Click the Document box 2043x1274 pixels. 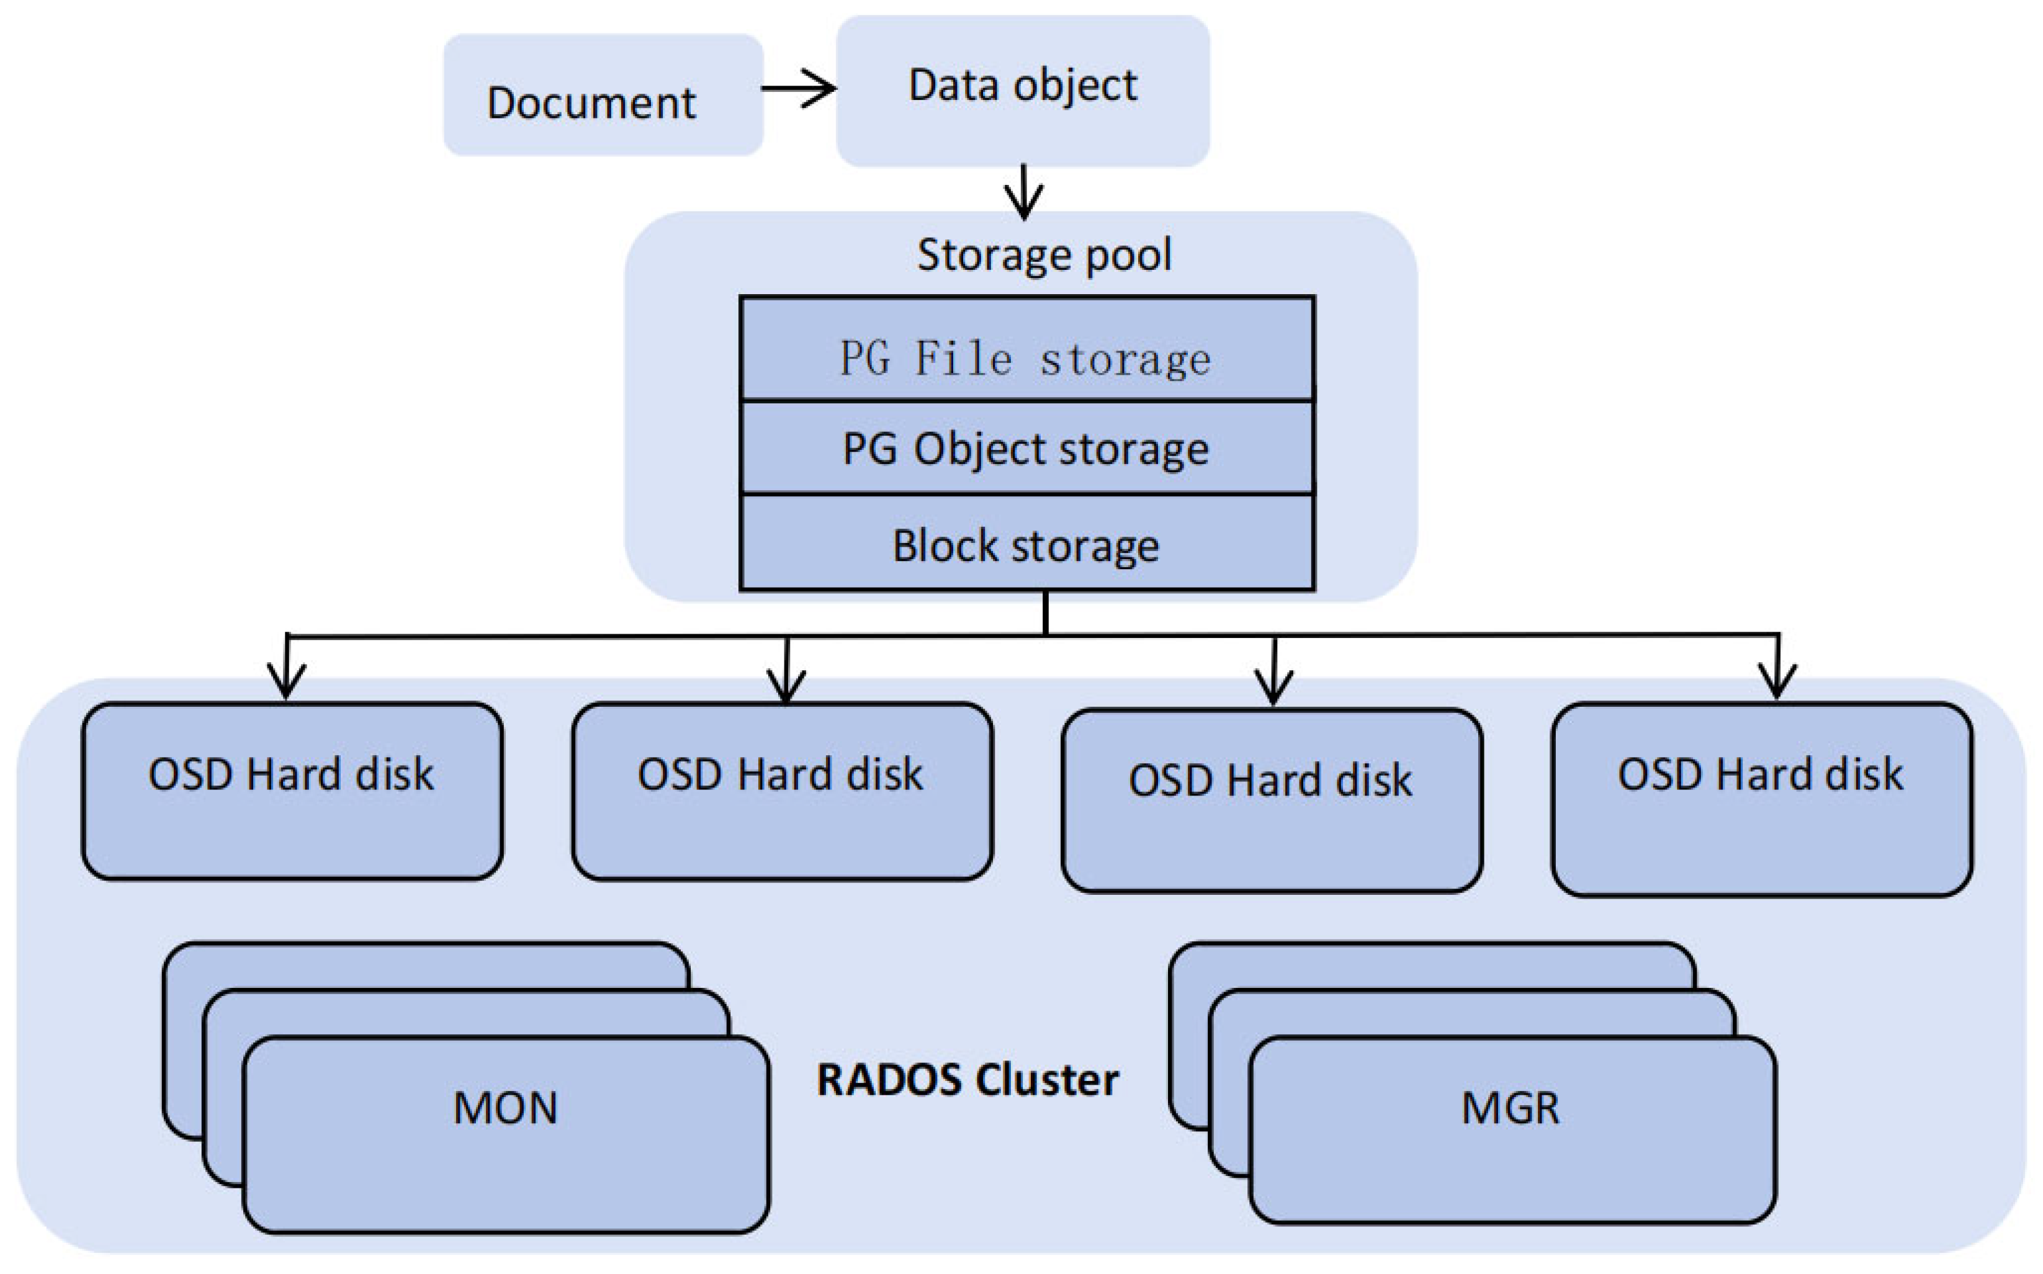point(603,95)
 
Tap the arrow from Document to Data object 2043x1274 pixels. point(799,87)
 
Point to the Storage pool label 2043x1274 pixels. point(1043,254)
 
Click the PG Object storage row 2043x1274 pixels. point(1026,448)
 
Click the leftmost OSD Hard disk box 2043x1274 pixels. point(292,791)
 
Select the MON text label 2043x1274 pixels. point(506,1108)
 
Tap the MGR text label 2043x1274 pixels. point(1511,1108)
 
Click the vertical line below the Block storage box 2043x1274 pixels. point(1046,612)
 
